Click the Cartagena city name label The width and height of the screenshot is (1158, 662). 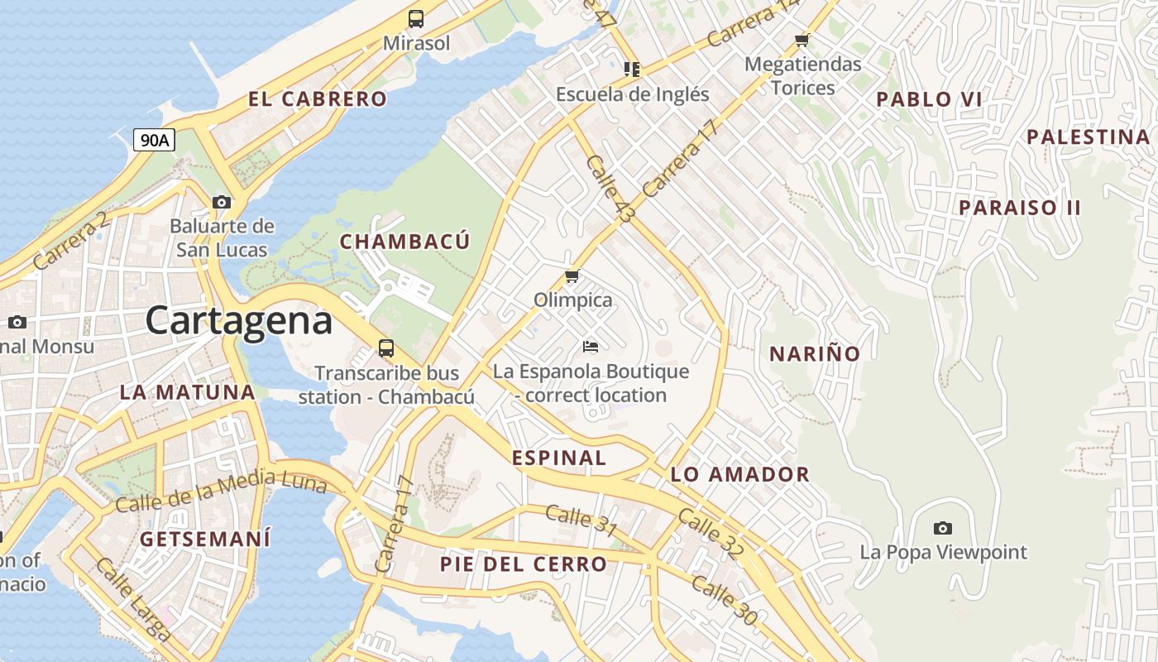[x=239, y=321]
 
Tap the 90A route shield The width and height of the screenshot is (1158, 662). [x=154, y=140]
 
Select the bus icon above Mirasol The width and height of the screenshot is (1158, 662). [x=416, y=18]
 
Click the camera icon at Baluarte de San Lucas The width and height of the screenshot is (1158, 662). [x=221, y=202]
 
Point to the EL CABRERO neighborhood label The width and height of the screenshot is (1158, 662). [x=318, y=99]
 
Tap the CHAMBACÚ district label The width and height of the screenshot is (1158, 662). [x=404, y=242]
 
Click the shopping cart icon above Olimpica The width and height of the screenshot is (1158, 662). [x=572, y=276]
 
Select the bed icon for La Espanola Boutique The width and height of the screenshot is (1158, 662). [x=591, y=346]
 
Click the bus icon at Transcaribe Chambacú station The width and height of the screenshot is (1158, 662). [x=386, y=348]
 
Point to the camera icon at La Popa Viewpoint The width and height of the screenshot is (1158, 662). [x=942, y=528]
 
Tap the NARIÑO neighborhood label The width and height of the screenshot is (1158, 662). [x=815, y=354]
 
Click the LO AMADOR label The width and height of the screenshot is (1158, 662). [x=739, y=475]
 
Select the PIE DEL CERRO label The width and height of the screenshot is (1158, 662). [x=523, y=564]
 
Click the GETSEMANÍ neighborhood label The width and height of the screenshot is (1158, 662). [x=205, y=540]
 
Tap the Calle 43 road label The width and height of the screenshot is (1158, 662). [x=610, y=189]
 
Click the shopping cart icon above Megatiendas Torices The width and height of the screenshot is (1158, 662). [x=801, y=40]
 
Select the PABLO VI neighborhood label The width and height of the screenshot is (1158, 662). [x=929, y=99]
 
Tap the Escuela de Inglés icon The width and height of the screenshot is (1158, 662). [x=632, y=70]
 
